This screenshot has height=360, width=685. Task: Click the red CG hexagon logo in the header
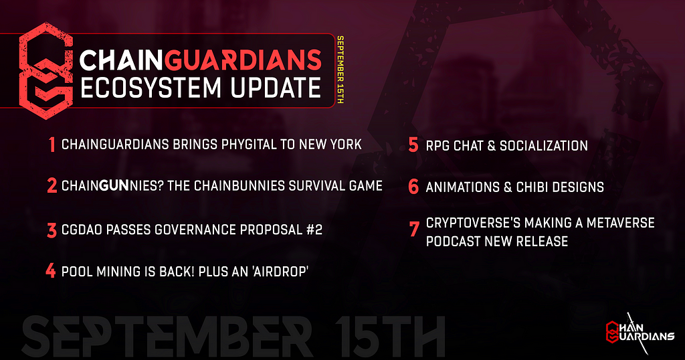click(45, 71)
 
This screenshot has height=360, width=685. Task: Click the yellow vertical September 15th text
click(340, 70)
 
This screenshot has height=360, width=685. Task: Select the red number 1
click(52, 145)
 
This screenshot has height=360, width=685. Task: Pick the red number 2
click(52, 185)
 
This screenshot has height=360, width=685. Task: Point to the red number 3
click(52, 230)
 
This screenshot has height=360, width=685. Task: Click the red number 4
click(51, 271)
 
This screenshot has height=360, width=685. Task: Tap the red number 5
click(413, 145)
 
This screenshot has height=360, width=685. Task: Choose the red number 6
click(413, 187)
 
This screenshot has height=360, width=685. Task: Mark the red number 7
click(414, 229)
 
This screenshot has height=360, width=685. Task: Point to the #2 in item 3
click(314, 230)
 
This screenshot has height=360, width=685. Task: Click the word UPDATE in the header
click(276, 88)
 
